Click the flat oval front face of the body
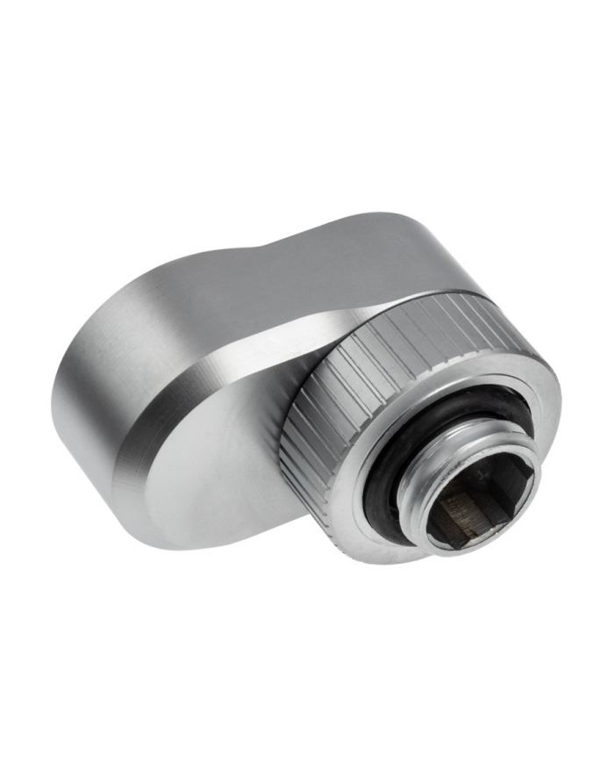(x=211, y=465)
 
